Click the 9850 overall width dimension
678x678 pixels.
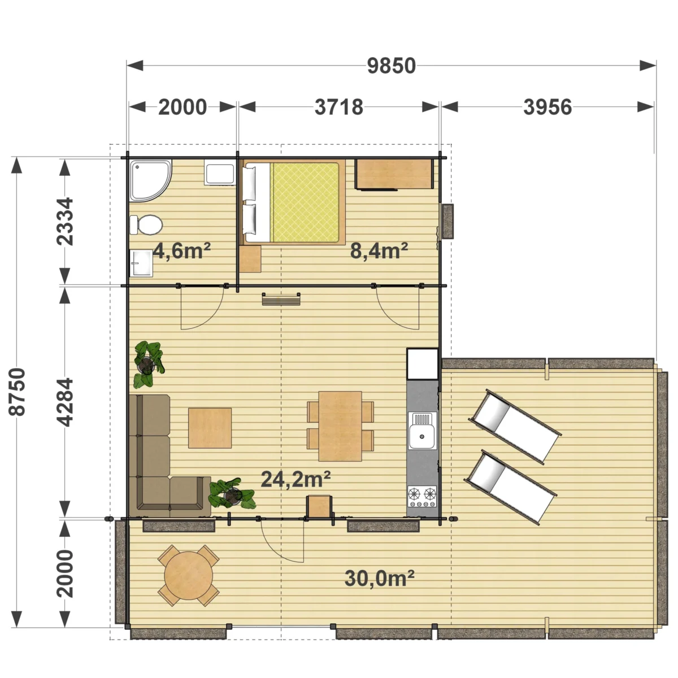coord(391,66)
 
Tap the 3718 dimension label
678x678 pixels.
coord(338,107)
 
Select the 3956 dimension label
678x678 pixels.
coord(547,107)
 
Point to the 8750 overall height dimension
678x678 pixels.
coord(18,392)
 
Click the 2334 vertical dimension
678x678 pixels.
coord(65,221)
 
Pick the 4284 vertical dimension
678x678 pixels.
coord(65,402)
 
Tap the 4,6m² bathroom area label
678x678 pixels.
coord(182,251)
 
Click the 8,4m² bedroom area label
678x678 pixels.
coord(379,251)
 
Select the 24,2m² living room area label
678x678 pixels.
coord(296,479)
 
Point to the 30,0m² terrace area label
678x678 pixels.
coord(379,579)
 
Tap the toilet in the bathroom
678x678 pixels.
coord(146,225)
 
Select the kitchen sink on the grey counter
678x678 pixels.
coord(422,431)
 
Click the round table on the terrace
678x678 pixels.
coord(189,576)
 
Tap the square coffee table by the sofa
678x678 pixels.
coord(210,428)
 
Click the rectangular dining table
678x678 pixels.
coord(340,426)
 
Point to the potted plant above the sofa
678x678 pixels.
coord(148,364)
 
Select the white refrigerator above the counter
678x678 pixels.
coord(422,364)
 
